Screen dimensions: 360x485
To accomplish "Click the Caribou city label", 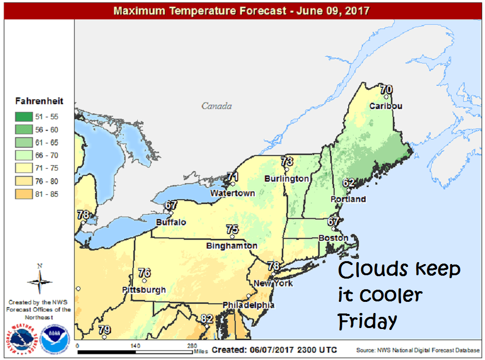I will tap(386, 106).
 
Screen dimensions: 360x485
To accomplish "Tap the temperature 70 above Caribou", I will tap(386, 90).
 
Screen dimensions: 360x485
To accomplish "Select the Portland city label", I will tap(348, 199).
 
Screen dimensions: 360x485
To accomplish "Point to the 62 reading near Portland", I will tap(349, 183).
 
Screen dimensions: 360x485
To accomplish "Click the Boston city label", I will tap(333, 238).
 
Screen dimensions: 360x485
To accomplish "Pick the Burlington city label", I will tap(287, 179).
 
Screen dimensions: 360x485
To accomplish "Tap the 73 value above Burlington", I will tap(287, 161).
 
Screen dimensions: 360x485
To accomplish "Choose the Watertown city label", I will tap(232, 193).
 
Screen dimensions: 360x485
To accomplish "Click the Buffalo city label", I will tap(171, 222).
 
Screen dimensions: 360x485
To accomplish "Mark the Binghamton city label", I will tap(232, 246).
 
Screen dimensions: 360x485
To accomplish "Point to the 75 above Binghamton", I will tap(232, 230).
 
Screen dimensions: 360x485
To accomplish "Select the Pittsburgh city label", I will tap(144, 290).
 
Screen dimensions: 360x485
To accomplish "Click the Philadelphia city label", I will tap(248, 305).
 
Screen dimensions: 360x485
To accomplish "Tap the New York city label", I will tap(274, 283).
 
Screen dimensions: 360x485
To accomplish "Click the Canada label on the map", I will tap(217, 106).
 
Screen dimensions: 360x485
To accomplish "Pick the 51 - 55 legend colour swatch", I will tap(24, 116).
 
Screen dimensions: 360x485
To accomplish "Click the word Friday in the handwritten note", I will tap(367, 320).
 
